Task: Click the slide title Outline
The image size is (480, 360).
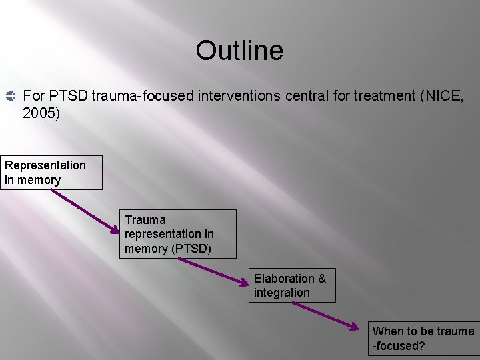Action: [x=239, y=51]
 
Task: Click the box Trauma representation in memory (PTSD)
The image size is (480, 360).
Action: [x=179, y=234]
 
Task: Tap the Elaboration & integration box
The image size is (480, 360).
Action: [x=292, y=285]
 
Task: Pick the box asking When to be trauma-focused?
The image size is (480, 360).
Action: [x=424, y=339]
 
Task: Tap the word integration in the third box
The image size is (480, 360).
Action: [x=281, y=293]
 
